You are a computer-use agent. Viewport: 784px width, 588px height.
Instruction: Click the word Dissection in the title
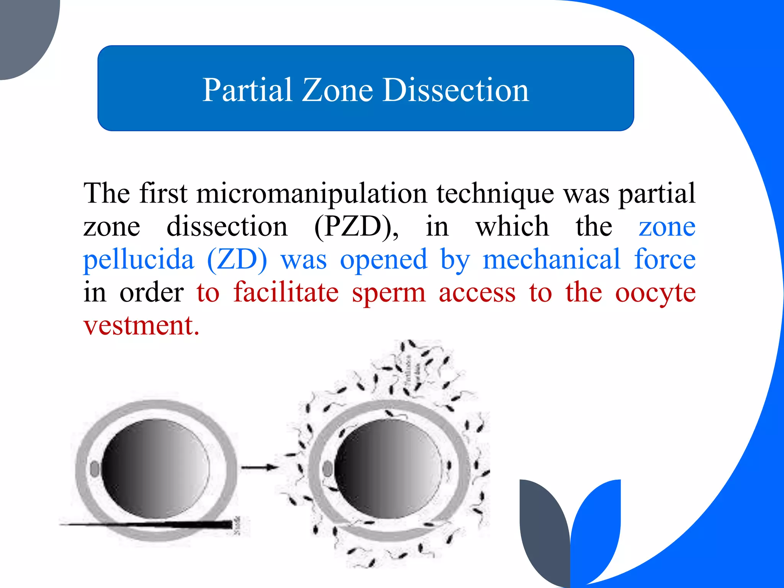[x=456, y=90]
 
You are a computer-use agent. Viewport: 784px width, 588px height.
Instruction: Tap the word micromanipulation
[x=312, y=193]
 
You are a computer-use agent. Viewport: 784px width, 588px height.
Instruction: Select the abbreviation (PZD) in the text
[x=356, y=227]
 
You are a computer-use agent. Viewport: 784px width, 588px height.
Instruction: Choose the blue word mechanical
[x=551, y=260]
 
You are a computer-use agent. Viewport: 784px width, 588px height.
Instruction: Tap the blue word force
[x=665, y=260]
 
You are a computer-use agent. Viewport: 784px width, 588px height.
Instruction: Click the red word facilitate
[x=286, y=293]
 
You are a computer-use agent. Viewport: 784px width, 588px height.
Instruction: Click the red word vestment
[x=141, y=326]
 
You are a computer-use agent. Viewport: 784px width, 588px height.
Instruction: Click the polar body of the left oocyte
[x=95, y=469]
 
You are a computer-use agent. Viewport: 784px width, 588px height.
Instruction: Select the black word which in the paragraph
[x=512, y=227]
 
